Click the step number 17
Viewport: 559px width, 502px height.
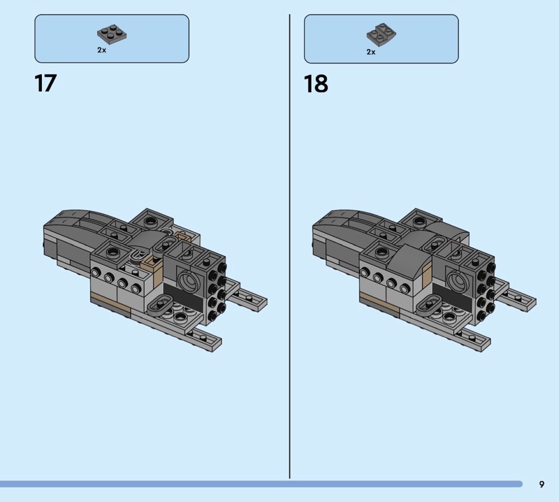(45, 83)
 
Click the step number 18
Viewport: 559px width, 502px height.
(316, 84)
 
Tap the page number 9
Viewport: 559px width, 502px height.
(542, 484)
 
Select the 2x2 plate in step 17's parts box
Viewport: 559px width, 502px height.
(112, 34)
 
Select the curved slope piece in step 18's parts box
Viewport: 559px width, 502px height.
(381, 35)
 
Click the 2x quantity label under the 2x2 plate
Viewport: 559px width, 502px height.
(101, 50)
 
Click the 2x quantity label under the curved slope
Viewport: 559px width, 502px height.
(371, 52)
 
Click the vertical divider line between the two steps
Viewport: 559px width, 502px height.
(289, 246)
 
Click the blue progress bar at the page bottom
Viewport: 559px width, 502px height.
(261, 484)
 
